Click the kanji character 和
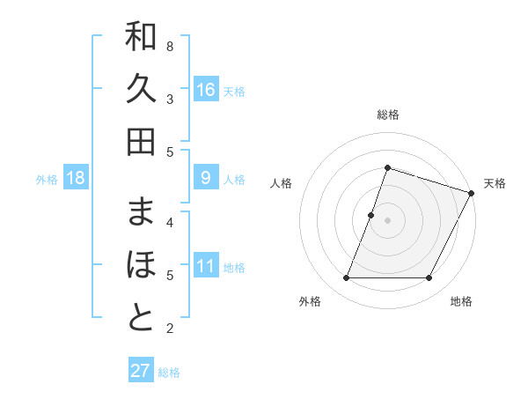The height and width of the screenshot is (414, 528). coord(141,38)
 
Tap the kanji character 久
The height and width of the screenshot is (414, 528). coord(141,91)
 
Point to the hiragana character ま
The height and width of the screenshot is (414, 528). coord(141,213)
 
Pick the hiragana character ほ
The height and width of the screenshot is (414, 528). coord(141,266)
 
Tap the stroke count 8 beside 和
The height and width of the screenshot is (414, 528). coord(170,46)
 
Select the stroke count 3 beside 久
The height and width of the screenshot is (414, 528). coord(170,99)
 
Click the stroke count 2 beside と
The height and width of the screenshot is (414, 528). coord(170,329)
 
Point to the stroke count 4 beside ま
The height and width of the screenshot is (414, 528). coord(170,222)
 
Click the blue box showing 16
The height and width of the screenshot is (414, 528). coord(205,90)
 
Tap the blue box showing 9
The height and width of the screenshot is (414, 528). coord(205,178)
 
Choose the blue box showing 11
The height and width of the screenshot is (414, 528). coord(205,266)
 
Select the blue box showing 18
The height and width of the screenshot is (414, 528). coord(76,178)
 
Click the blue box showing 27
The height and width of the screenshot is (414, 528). coord(140,371)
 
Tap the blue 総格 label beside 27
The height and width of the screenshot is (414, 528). coord(170,373)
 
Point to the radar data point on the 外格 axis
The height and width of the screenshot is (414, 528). coord(346,278)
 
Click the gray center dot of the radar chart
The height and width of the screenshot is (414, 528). coord(387,220)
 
